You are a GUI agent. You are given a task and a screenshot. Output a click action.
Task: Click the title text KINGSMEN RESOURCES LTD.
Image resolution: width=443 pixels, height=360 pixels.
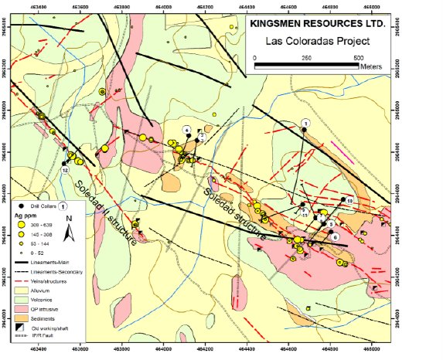[318, 24]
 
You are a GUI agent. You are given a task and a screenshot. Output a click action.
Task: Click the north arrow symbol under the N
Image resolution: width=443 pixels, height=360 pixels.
[69, 235]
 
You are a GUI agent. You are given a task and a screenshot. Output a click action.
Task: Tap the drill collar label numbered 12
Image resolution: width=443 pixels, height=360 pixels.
[65, 168]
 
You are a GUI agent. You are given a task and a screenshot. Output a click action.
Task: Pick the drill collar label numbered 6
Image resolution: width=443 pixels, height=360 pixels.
[335, 236]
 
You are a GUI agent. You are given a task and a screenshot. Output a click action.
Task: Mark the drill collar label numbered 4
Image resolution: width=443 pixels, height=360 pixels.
[186, 128]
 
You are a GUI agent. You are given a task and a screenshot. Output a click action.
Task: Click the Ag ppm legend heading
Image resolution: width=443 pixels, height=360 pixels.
[25, 216]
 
